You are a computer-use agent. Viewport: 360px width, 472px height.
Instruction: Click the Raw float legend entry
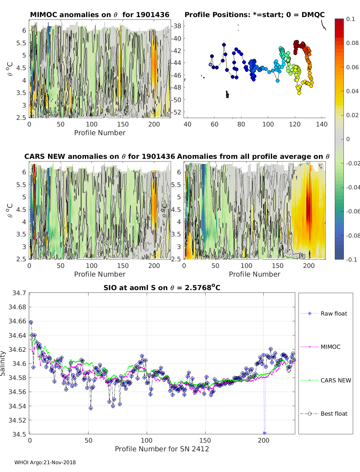click(334, 313)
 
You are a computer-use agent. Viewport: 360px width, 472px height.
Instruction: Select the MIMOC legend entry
click(330, 347)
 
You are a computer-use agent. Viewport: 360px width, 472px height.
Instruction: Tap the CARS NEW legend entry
click(335, 380)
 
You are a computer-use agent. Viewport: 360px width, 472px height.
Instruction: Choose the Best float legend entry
click(334, 414)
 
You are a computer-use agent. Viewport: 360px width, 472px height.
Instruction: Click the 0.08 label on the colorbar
click(352, 43)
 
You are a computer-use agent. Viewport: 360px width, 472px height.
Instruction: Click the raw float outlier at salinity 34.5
click(264, 433)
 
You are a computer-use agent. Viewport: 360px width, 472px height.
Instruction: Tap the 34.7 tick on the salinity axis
click(19, 293)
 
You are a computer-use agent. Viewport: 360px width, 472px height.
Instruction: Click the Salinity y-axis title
click(3, 363)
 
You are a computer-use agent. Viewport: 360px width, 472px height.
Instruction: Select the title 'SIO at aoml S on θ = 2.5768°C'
click(162, 288)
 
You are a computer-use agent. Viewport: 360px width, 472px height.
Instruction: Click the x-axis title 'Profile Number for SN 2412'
click(162, 449)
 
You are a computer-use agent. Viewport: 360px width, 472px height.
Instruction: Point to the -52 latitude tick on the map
click(176, 112)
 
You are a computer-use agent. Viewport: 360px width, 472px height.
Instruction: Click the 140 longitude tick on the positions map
click(322, 124)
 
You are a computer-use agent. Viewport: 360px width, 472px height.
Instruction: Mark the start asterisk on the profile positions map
click(211, 64)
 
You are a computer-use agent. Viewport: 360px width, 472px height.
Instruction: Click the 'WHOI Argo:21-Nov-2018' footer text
click(45, 462)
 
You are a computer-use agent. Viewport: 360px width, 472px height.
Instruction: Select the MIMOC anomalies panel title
click(100, 15)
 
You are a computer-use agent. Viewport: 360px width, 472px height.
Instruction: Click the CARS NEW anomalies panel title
click(100, 156)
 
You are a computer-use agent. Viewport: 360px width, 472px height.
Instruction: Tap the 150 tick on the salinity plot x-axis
click(205, 440)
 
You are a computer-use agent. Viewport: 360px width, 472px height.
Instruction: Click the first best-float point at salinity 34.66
click(31, 322)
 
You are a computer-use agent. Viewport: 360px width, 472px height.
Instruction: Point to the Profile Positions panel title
click(254, 15)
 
